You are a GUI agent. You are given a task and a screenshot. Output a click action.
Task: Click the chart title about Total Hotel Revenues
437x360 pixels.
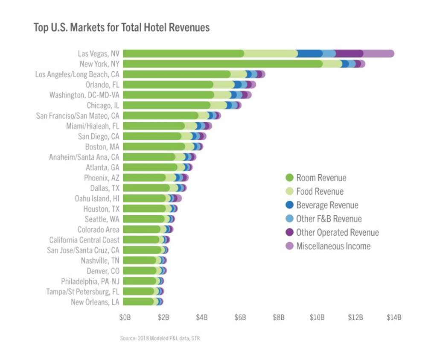(x=122, y=28)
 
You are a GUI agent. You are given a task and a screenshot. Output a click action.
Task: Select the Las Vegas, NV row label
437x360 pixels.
(x=99, y=54)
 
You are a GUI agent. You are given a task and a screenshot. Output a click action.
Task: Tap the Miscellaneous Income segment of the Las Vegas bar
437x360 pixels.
(x=379, y=53)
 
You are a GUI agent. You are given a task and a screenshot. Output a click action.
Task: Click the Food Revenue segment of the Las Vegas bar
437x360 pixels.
(x=271, y=53)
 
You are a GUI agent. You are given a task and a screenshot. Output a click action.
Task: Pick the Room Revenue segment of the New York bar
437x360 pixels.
(x=222, y=64)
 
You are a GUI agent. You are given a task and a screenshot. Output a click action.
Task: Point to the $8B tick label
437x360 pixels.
(x=279, y=318)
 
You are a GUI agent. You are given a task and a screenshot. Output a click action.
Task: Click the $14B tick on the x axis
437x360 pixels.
(x=393, y=318)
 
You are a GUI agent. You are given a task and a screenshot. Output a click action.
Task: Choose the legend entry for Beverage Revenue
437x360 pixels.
(x=327, y=205)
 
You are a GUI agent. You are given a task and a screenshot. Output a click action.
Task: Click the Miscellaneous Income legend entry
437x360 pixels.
(x=333, y=246)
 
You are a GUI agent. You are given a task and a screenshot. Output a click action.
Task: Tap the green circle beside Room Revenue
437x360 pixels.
(x=289, y=178)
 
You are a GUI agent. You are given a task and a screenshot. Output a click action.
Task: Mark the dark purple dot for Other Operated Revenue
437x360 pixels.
(x=289, y=233)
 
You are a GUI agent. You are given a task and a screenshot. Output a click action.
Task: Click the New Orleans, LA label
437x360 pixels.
(x=95, y=302)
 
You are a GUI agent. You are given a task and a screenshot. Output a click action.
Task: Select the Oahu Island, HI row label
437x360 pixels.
(x=97, y=199)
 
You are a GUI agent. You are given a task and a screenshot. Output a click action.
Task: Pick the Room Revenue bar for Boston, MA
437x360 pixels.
(x=154, y=147)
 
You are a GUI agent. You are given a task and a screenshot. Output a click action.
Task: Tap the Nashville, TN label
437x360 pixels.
(x=100, y=260)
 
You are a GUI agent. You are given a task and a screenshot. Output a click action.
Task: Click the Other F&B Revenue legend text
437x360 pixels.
(x=329, y=219)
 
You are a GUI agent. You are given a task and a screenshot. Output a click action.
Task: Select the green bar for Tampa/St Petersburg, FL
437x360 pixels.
(x=139, y=292)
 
